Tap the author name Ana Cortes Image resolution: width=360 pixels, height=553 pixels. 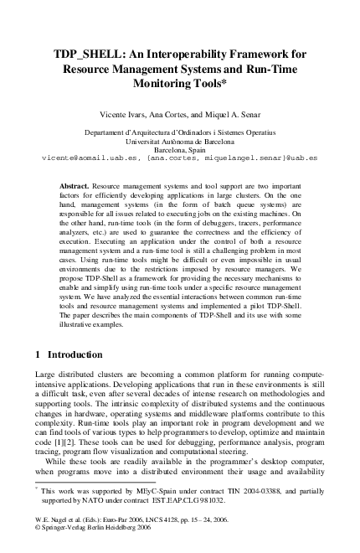[x=182, y=111]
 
